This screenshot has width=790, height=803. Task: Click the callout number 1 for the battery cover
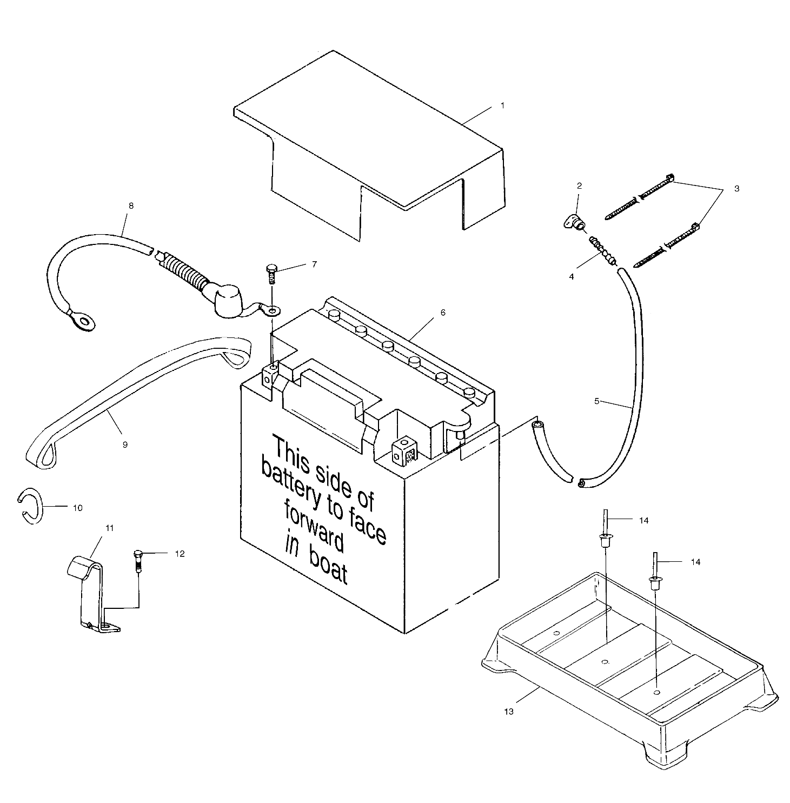502,105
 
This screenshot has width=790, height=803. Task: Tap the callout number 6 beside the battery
443,313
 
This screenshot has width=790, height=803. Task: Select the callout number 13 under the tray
509,712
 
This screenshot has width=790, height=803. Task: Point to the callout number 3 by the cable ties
736,189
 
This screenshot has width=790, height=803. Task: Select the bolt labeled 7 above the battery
271,273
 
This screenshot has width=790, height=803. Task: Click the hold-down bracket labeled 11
92,595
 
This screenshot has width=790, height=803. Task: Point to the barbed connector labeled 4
603,251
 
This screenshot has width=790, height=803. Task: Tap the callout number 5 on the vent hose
596,401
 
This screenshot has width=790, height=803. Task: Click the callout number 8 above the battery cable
131,206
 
